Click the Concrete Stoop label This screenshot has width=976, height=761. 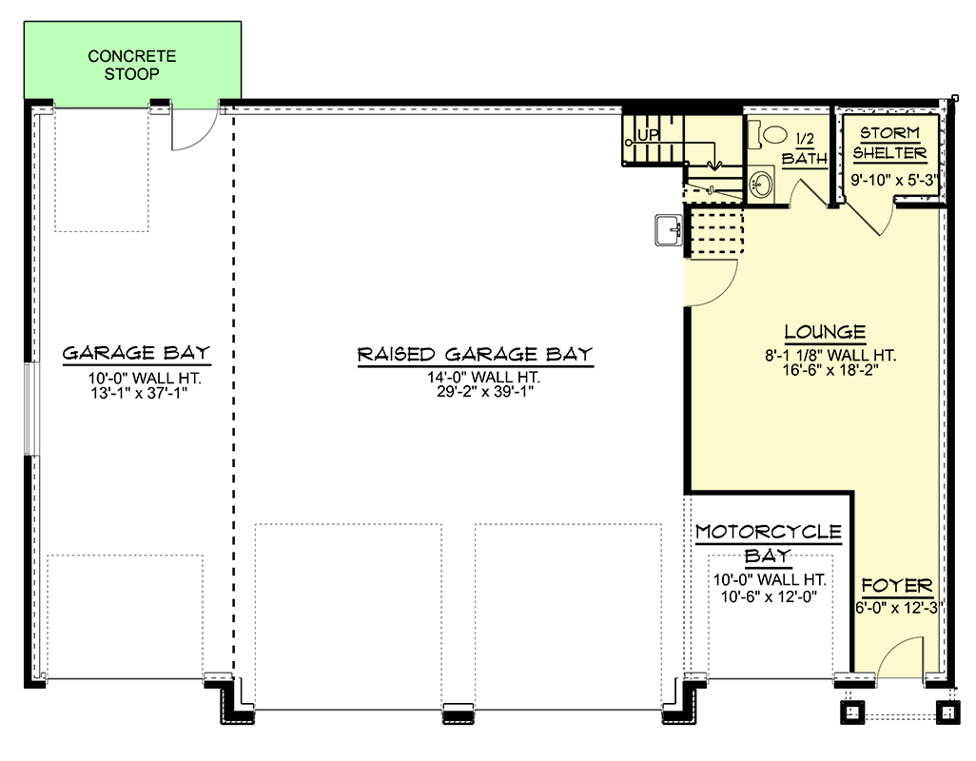pos(131,65)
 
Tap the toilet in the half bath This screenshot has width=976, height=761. pos(769,135)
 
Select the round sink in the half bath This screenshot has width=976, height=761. pos(761,184)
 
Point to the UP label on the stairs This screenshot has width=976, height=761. pos(649,135)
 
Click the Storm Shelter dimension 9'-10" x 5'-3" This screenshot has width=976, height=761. pos(894,180)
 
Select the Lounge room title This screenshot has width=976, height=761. pos(825,332)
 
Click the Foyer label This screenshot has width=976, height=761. pos(896,586)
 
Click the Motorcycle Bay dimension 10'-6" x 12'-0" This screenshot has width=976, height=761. pos(769,596)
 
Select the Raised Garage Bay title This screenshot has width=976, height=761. pos(475,354)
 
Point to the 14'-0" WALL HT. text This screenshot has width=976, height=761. pos(483,377)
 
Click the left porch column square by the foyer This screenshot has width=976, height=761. pos(852,712)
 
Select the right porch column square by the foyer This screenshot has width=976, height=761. pos(948,712)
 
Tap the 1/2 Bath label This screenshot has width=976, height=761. pos(804,148)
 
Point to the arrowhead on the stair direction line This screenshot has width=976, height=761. pos(714,166)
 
